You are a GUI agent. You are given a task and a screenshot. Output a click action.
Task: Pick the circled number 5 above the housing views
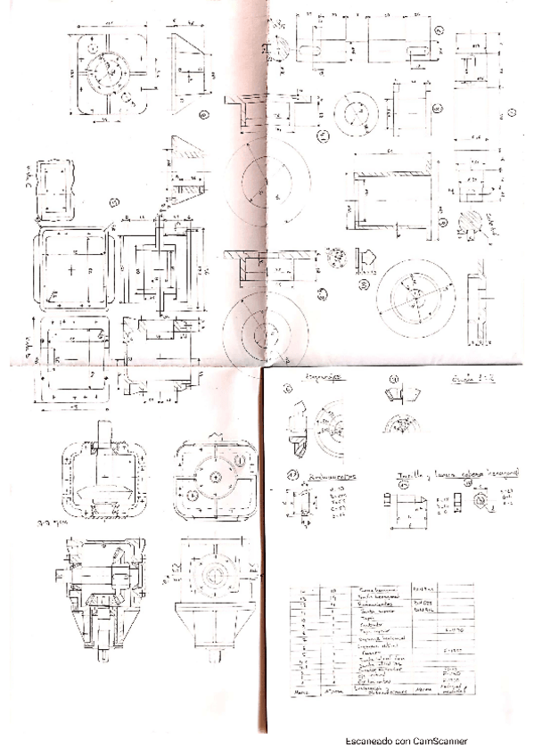coord(114,202)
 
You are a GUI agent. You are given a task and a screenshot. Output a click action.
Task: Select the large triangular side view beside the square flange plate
coord(189,70)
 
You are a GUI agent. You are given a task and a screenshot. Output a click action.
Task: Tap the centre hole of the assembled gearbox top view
coord(218,476)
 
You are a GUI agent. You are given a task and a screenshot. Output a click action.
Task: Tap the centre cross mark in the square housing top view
coord(70,268)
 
